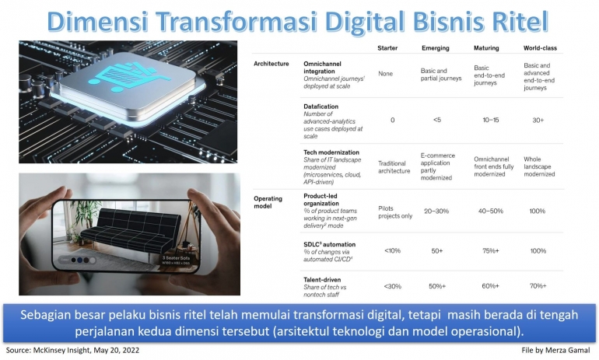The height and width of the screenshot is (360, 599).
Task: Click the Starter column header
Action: pyautogui.click(x=387, y=48)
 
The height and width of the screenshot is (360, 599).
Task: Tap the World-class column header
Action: pyautogui.click(x=540, y=48)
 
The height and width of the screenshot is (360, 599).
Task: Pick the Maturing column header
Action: pyautogui.click(x=486, y=48)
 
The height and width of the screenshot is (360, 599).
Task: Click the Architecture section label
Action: pyautogui.click(x=271, y=63)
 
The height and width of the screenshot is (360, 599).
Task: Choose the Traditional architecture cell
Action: pyautogui.click(x=393, y=166)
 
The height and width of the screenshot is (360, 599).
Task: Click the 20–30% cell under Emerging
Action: pyautogui.click(x=436, y=210)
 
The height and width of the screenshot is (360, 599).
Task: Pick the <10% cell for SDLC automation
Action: pyautogui.click(x=391, y=250)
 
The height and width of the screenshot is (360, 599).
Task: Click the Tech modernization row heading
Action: pyautogui.click(x=331, y=152)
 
